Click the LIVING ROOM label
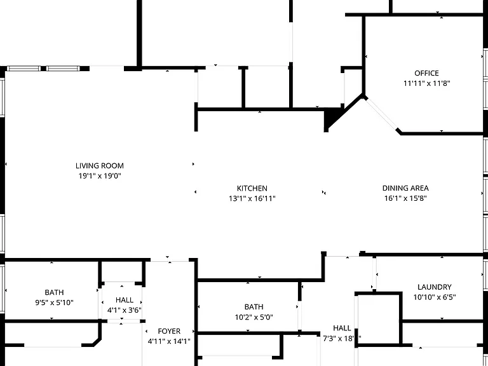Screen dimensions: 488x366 100,166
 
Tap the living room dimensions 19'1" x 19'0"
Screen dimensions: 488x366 100,176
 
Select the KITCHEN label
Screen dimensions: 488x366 252,188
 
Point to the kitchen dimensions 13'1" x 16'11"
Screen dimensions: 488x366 252,198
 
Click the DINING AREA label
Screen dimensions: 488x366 405,188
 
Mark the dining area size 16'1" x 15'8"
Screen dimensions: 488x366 405,198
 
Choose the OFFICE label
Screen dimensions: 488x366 427,73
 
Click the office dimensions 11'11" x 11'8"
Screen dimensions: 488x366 427,83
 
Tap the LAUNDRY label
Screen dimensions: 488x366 435,287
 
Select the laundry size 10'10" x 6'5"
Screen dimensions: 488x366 435,297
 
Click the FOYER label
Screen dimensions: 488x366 169,331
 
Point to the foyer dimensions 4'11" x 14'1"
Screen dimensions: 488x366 169,341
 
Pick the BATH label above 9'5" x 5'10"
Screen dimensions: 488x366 54,292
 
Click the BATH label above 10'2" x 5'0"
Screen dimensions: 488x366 254,307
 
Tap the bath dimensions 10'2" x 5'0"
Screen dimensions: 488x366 254,317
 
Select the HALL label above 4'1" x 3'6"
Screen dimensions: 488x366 125,300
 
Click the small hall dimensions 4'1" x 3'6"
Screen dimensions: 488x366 125,310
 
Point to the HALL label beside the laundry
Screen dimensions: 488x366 342,328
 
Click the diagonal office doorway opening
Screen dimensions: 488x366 381,114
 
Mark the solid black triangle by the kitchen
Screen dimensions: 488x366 330,119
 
